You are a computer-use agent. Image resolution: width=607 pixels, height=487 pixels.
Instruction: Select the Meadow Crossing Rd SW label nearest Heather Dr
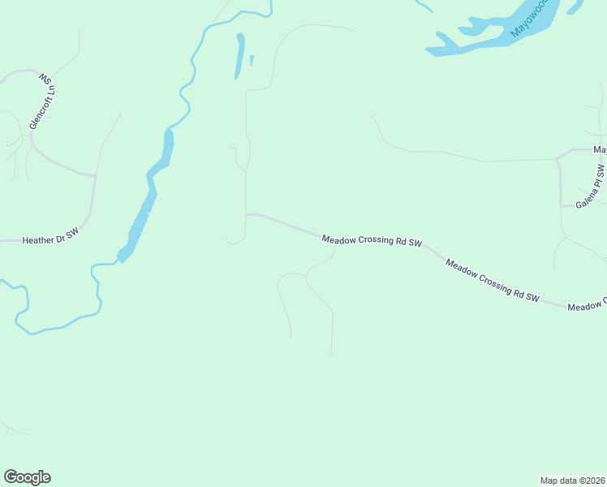pos(372,241)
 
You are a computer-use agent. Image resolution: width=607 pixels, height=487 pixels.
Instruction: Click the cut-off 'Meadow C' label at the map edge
pos(587,305)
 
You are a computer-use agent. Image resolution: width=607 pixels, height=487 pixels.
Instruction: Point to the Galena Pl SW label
pos(590,187)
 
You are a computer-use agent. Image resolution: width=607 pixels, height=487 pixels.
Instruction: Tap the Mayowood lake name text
pos(530,17)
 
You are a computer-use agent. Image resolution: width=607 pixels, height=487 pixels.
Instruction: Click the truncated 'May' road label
pos(600,149)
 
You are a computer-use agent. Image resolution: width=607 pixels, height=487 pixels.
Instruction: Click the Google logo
pos(27,477)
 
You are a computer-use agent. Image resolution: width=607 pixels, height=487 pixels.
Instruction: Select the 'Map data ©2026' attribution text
pos(572,480)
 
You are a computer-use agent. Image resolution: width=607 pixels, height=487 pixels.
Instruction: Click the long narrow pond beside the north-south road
pos(239,55)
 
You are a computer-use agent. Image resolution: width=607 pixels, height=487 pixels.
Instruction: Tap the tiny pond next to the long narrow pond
pos(252,60)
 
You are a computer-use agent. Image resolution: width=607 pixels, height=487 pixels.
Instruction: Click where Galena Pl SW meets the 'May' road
pos(557,157)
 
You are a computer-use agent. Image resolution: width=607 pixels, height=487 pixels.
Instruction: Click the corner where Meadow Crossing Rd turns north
pos(246,215)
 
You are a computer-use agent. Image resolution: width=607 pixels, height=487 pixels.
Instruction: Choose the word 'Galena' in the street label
pos(584,198)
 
